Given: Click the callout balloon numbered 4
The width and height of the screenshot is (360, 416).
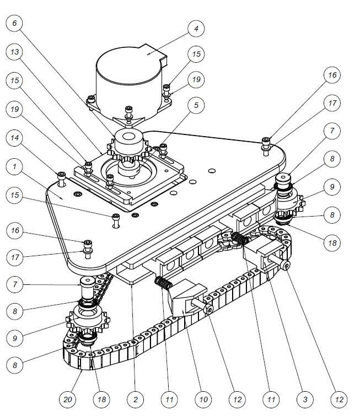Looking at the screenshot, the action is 196,29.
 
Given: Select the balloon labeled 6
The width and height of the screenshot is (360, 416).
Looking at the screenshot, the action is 14,23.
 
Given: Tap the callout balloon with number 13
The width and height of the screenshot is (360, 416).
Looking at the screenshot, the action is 14,52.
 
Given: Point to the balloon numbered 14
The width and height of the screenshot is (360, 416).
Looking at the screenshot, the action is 14,138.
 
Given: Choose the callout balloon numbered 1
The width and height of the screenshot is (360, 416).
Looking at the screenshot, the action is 14,166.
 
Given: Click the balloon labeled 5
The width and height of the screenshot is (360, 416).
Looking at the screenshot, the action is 196,105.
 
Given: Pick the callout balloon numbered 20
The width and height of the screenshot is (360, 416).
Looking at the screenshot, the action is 67,399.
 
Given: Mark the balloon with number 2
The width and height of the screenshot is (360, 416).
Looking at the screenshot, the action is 136,399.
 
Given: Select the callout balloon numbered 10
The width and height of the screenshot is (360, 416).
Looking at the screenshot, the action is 203,399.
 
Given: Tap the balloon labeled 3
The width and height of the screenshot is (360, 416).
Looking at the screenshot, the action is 305,399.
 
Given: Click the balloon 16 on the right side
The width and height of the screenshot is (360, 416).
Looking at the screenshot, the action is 332,75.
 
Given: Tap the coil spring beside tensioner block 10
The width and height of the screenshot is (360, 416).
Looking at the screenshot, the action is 164,283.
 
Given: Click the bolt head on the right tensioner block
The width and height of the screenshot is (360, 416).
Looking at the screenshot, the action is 286,265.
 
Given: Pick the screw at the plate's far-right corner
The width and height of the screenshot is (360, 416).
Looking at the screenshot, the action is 266,146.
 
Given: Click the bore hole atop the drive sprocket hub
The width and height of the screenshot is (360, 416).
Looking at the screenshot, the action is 128,137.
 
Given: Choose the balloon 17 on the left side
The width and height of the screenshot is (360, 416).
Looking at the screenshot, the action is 15,257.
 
